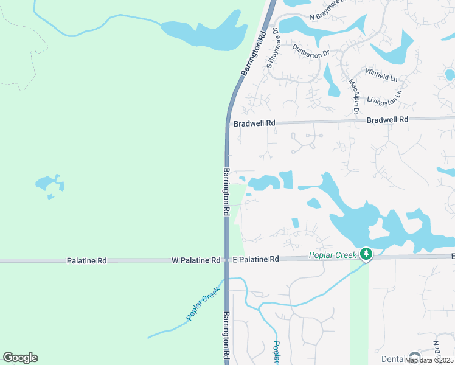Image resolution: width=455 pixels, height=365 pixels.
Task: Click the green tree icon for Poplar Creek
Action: [366, 254]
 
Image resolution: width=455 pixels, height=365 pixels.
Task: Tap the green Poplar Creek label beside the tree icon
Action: [334, 255]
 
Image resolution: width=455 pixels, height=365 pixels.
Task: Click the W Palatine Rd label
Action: [196, 260]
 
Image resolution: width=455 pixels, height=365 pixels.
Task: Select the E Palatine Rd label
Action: [255, 259]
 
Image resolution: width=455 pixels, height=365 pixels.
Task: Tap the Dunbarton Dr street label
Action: [310, 49]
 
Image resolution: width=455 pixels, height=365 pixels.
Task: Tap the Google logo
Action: [20, 358]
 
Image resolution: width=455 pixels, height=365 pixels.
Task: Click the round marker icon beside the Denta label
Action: [415, 357]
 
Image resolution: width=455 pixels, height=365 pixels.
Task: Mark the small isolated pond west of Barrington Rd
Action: [49, 184]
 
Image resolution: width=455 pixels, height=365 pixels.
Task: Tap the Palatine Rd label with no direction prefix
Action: [86, 260]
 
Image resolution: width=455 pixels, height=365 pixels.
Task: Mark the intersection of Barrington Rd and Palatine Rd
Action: [226, 260]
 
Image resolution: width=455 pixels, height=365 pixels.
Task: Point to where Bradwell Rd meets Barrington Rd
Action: [227, 123]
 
